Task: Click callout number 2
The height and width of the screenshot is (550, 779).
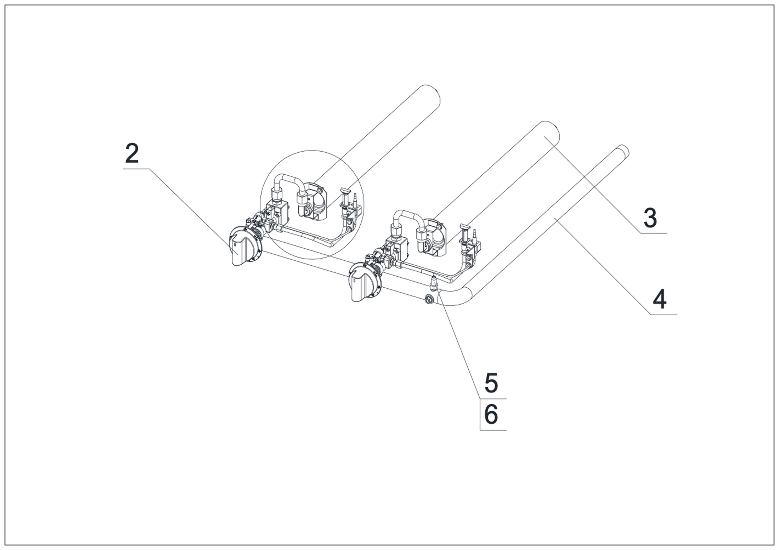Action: [x=132, y=153]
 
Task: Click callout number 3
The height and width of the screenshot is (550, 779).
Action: [x=650, y=218]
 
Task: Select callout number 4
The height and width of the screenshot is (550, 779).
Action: [x=659, y=300]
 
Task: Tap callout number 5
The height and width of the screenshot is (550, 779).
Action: [x=491, y=383]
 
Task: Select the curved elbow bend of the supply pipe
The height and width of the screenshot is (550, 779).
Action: [x=455, y=296]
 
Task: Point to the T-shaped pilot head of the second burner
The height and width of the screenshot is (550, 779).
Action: [x=464, y=227]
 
